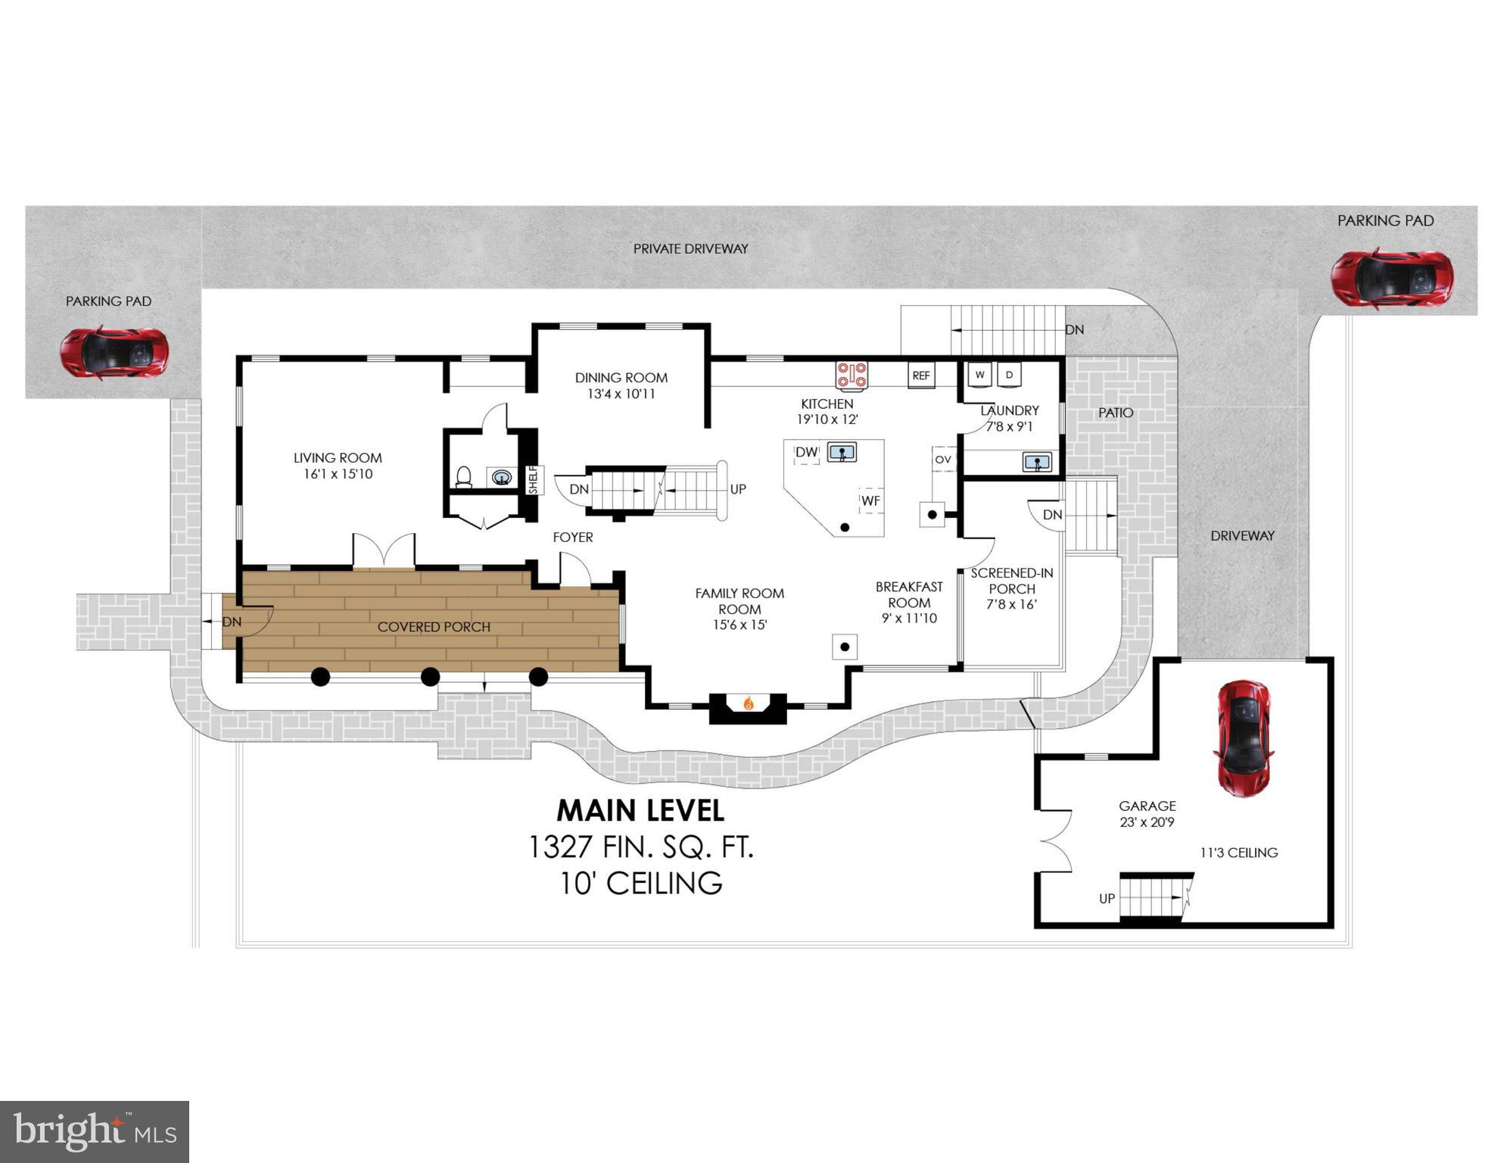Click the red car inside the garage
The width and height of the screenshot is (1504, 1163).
pyautogui.click(x=1244, y=737)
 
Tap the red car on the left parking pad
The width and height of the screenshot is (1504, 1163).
pyautogui.click(x=114, y=353)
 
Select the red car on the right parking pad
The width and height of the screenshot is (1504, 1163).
pyautogui.click(x=1392, y=278)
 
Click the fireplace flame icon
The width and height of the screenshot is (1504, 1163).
pyautogui.click(x=748, y=703)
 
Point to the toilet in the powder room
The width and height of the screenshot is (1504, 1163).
pyautogui.click(x=464, y=476)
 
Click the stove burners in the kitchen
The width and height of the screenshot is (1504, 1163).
pyautogui.click(x=852, y=374)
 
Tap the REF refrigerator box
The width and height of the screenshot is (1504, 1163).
pyautogui.click(x=921, y=375)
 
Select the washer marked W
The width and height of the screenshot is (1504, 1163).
pyautogui.click(x=980, y=374)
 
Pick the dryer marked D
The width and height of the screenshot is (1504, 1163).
pyautogui.click(x=1009, y=374)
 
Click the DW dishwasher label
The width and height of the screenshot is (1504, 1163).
pyautogui.click(x=806, y=452)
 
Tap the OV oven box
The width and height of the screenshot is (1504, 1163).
pyautogui.click(x=943, y=459)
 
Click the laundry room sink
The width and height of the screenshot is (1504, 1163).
pyautogui.click(x=1037, y=461)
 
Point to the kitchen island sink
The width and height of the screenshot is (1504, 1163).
pyautogui.click(x=842, y=453)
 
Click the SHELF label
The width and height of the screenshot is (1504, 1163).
pyautogui.click(x=533, y=479)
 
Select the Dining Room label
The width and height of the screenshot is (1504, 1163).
pyautogui.click(x=621, y=377)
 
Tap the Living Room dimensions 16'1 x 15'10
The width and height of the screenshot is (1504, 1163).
pyautogui.click(x=338, y=474)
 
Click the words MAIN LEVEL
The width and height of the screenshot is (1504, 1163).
pyautogui.click(x=640, y=810)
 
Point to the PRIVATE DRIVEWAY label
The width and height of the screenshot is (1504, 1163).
pyautogui.click(x=690, y=248)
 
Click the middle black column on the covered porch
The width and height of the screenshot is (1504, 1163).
pyautogui.click(x=430, y=676)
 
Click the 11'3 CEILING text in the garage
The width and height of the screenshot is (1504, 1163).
pyautogui.click(x=1238, y=853)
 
